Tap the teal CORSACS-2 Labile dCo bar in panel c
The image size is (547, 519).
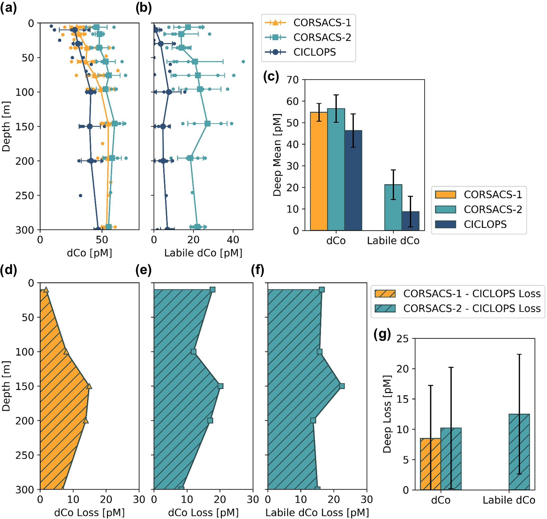coord(393,207)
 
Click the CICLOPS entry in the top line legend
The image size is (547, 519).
coord(314,52)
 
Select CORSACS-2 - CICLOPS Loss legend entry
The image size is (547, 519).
coord(472,308)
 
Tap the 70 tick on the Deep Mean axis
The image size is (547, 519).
coord(293,80)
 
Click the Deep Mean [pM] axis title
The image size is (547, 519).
coord(277,155)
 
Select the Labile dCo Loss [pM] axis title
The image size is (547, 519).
coord(317,512)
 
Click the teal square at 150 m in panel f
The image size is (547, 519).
coord(342,386)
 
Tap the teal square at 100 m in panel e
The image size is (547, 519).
coord(193,352)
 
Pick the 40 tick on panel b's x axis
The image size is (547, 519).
coord(233,240)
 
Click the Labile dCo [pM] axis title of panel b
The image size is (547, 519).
coord(203,253)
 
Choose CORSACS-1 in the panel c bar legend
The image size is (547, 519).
coord(492,194)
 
